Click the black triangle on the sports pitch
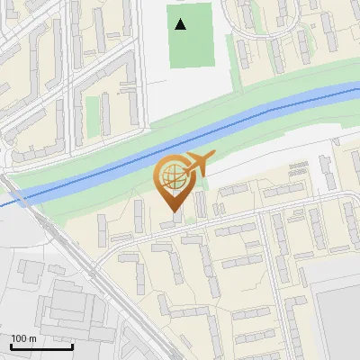181,24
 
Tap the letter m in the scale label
33,338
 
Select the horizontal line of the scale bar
41,347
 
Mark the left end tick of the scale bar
12,346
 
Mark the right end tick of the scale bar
72,346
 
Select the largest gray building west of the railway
67,301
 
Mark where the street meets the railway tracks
93,267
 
